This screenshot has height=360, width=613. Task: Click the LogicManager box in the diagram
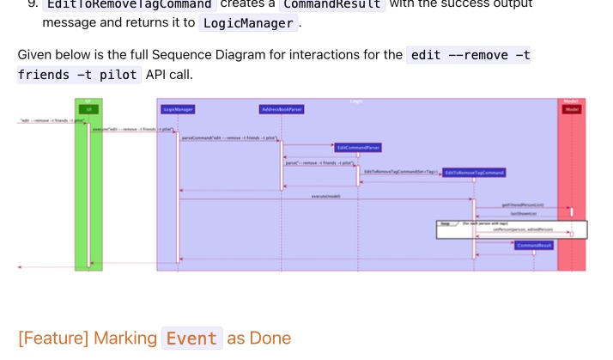pos(178,110)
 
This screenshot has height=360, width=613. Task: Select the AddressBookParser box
pos(282,110)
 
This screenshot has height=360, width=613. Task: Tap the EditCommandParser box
pos(358,148)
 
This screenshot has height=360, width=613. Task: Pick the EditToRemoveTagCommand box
pos(475,173)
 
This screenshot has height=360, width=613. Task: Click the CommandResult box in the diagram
pos(535,245)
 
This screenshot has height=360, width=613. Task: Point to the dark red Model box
pos(572,109)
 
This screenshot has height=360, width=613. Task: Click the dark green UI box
pos(88,109)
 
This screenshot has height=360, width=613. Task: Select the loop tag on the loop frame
pos(446,223)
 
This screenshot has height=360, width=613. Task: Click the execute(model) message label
pos(325,196)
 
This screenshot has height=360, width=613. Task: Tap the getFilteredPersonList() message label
pos(523,204)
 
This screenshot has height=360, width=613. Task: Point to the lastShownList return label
pos(523,215)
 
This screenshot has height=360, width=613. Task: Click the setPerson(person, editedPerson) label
pos(523,229)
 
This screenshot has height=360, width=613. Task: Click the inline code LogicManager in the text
pos(247,23)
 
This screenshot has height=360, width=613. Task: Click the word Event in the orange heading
pos(191,338)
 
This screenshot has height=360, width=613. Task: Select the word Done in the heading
pos(270,338)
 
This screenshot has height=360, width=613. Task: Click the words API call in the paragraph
pos(169,75)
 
